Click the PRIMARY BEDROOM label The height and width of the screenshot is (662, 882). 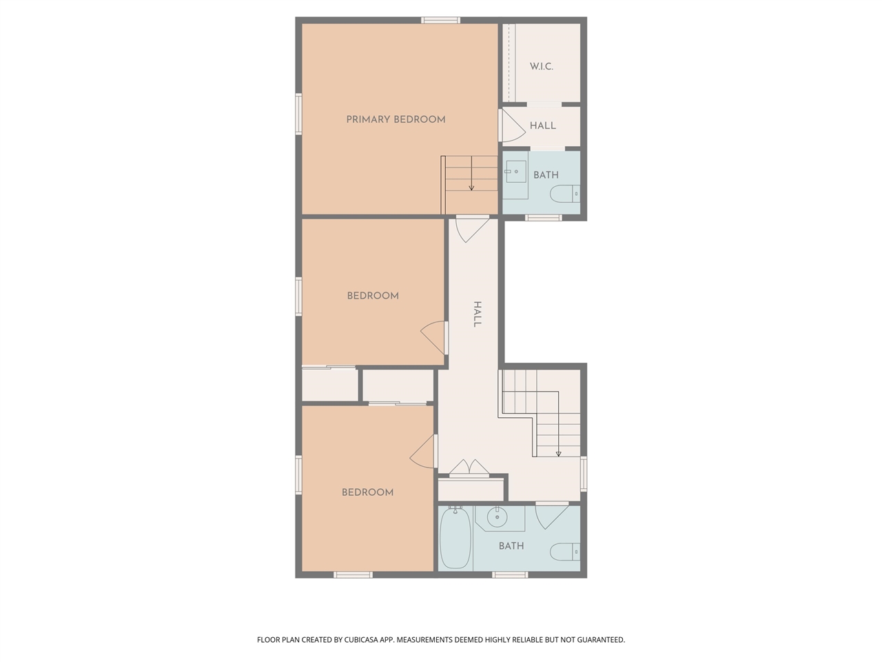pos(396,119)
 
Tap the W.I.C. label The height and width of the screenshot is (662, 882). pos(542,66)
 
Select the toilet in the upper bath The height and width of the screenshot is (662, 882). pos(565,194)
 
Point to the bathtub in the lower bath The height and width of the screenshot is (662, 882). pos(455,539)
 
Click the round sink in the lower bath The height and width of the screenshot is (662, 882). pos(497,516)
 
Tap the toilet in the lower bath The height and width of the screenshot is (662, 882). pos(565,552)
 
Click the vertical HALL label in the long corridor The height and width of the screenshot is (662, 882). pos(476,314)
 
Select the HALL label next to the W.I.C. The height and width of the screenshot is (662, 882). pos(543,126)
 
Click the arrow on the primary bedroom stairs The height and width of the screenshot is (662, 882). pos(471,186)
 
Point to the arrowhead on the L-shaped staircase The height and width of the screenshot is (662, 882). pos(558,454)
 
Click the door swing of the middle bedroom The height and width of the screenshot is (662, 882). pos(433,338)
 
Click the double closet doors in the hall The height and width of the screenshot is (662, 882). pos(469,468)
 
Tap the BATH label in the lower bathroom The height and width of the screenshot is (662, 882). pos(511,545)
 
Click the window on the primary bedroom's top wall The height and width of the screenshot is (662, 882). pos(441,20)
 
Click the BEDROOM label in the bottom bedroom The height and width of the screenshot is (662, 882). pos(368,492)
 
